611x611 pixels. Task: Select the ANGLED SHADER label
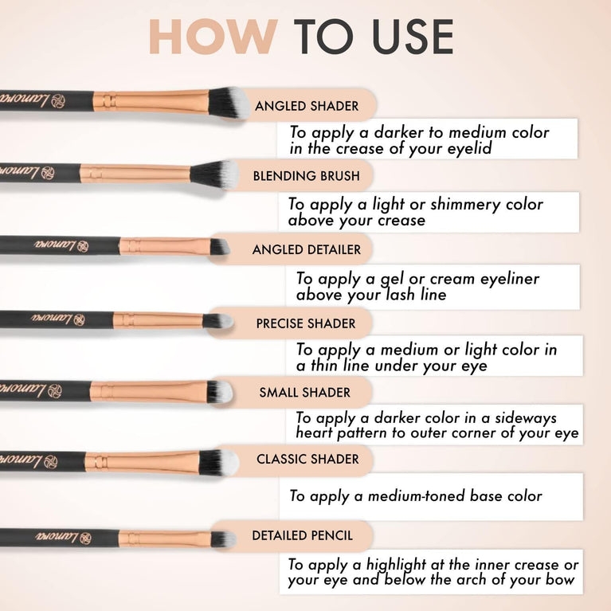pos(307,106)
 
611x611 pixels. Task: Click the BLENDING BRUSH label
pos(307,176)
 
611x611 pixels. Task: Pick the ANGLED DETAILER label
pos(307,249)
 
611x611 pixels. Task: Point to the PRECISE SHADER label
pos(306,324)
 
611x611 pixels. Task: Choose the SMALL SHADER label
pos(304,392)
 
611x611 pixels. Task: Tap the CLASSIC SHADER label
pos(307,459)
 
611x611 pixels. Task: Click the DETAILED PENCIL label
pos(302,535)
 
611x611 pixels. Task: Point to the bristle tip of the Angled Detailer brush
pos(219,247)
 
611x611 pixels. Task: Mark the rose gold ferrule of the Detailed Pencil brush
pos(163,539)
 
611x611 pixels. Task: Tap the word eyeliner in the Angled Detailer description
pos(502,279)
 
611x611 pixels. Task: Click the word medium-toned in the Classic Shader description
pos(414,496)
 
